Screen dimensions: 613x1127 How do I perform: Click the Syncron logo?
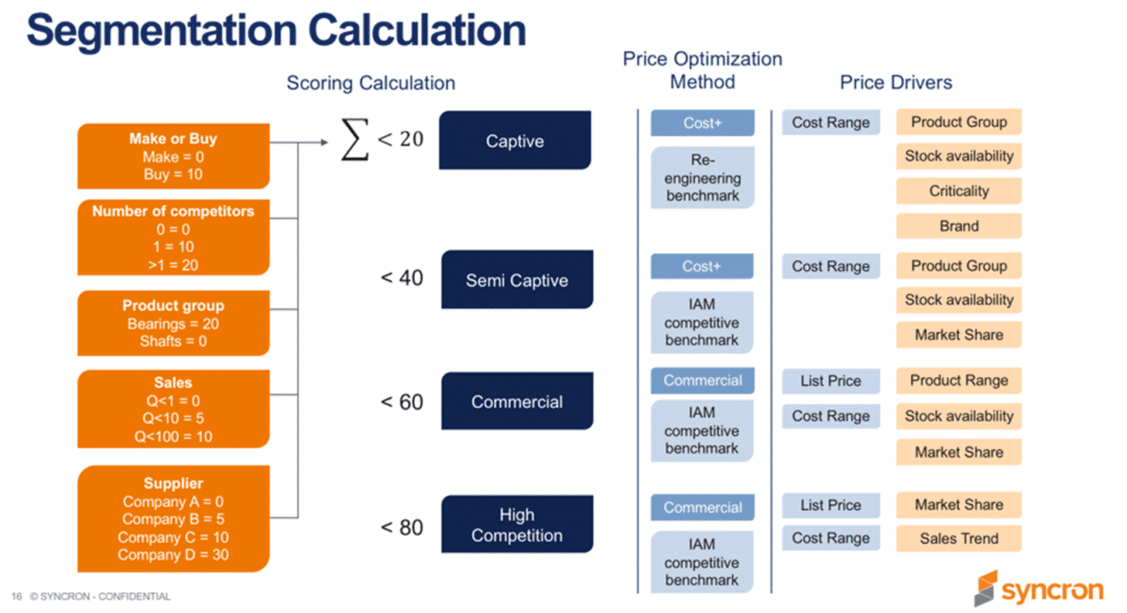click(1038, 590)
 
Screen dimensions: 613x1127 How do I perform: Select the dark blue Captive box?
click(515, 141)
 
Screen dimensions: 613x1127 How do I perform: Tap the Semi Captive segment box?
click(516, 280)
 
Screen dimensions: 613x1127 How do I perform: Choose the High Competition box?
click(516, 525)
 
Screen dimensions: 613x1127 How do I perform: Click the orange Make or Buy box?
click(173, 156)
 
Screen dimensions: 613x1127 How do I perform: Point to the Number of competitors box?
click(173, 238)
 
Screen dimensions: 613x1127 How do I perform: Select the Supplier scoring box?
click(173, 519)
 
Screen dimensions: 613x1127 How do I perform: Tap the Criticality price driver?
click(958, 190)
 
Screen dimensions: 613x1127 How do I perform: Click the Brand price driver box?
click(958, 226)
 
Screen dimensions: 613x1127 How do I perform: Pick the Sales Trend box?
click(958, 539)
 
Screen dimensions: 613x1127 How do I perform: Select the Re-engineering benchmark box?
click(702, 178)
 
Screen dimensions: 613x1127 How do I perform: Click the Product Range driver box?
click(958, 381)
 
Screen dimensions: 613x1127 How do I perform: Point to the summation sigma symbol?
click(355, 142)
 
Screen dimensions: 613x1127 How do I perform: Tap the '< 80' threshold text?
click(402, 528)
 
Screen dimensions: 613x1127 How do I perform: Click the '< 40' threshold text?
click(402, 278)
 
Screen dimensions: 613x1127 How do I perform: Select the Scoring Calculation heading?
click(371, 83)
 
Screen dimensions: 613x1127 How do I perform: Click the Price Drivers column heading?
click(896, 82)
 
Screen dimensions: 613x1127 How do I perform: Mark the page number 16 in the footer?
click(16, 597)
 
